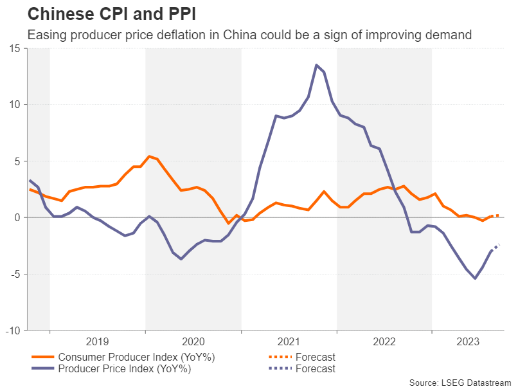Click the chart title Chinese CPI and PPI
pos(111,14)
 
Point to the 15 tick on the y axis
pos(14,48)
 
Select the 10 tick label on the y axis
pos(14,105)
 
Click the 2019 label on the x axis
pos(97,341)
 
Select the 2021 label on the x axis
pos(289,341)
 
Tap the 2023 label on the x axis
pos(467,341)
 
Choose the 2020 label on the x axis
pos(193,341)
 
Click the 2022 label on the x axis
pos(384,341)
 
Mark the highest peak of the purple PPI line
pos(316,65)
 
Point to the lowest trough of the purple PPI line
pos(475,278)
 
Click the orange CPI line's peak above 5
pos(149,156)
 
